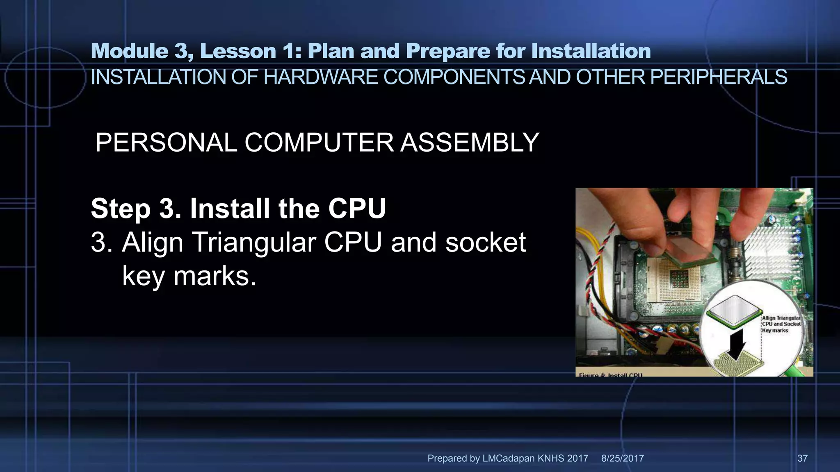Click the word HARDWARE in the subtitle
[320, 77]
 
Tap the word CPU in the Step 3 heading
[356, 209]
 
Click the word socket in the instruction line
[485, 242]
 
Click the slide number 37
[802, 458]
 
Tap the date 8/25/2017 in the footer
[622, 458]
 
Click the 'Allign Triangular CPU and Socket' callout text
[781, 324]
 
